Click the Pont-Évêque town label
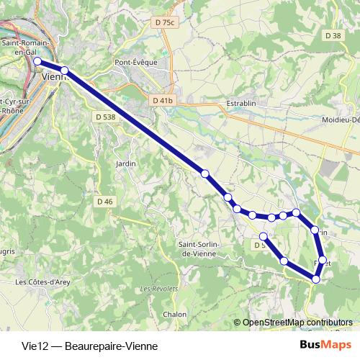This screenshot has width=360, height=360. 135,62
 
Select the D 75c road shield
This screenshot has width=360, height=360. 164,23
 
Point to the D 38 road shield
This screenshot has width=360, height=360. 333,35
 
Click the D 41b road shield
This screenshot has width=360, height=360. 163,100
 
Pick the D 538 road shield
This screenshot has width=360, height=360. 105,116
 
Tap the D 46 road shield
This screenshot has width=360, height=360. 104,202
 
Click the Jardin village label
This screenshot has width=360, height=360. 125,163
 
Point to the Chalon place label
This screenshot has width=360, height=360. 174,314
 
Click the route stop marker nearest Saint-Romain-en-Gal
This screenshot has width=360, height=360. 37,62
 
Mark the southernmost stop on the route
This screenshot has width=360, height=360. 315,279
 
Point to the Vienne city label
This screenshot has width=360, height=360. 55,76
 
